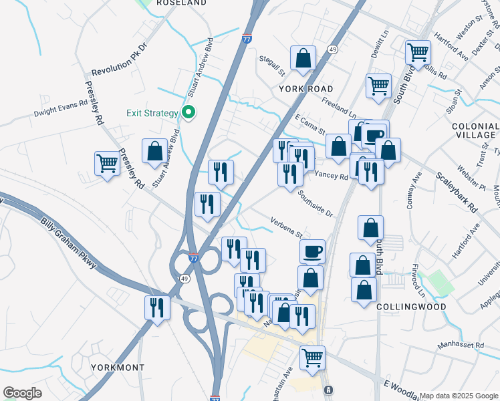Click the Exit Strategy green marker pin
click(189, 112)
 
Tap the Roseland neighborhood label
click(180, 3)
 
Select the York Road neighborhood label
click(306, 88)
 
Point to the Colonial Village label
click(475, 130)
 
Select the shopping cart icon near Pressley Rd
click(107, 164)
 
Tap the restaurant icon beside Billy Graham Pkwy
click(157, 308)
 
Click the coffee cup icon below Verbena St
click(312, 252)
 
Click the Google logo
click(22, 393)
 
